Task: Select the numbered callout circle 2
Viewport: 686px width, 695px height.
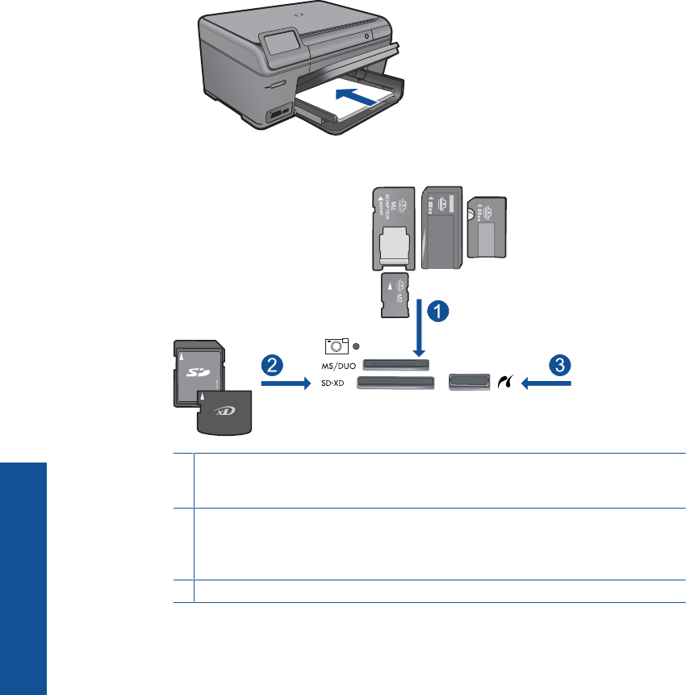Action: [x=272, y=364]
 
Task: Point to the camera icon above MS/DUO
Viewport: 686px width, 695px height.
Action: [x=335, y=345]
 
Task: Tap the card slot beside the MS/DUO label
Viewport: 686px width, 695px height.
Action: [x=396, y=366]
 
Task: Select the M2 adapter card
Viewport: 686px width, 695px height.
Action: [x=394, y=228]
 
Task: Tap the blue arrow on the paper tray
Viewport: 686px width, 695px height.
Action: [x=353, y=94]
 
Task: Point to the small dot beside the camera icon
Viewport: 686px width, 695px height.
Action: [x=356, y=345]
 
